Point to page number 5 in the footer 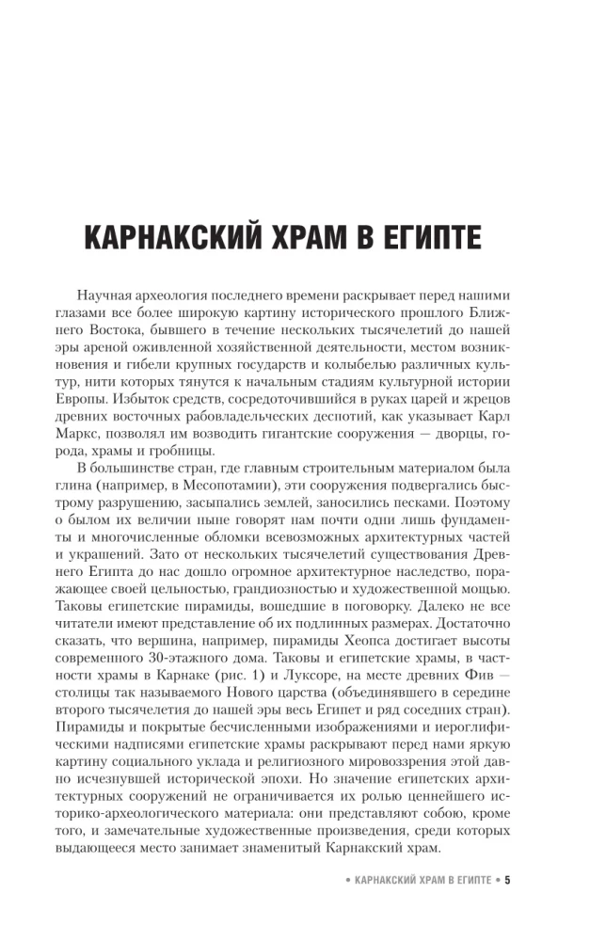tap(507, 881)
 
